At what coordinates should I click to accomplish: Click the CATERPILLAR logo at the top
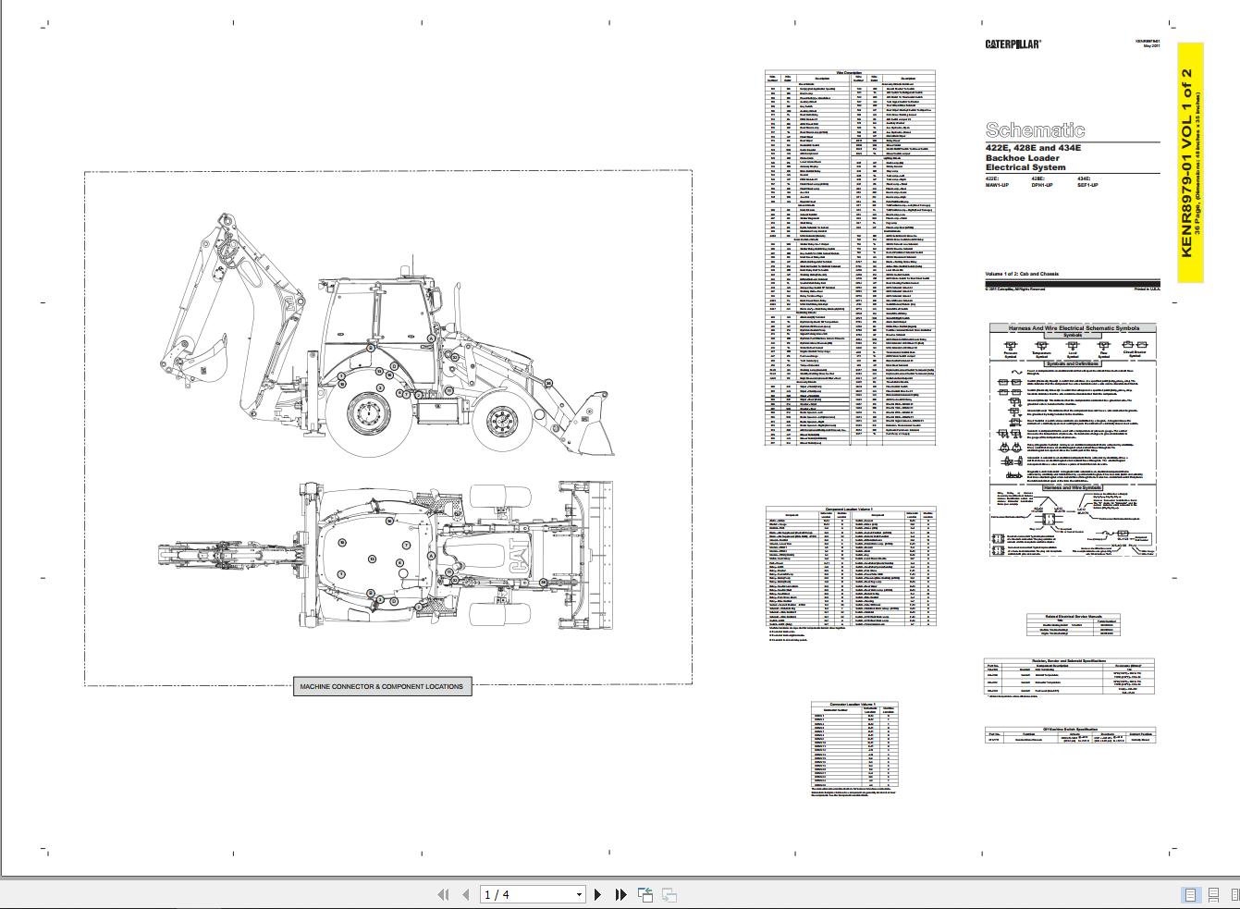1013,43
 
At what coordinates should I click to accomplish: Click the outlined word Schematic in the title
1035,130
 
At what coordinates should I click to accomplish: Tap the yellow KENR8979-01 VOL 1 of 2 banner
1190,163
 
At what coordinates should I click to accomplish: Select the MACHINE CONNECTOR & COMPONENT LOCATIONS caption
382,687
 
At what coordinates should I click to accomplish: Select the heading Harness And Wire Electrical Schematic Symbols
1073,327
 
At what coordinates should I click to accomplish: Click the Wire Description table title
849,72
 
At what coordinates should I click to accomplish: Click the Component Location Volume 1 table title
849,509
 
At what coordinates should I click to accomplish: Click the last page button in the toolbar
621,894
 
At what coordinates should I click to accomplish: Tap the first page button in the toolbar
442,894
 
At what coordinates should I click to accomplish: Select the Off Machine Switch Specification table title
1069,729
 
